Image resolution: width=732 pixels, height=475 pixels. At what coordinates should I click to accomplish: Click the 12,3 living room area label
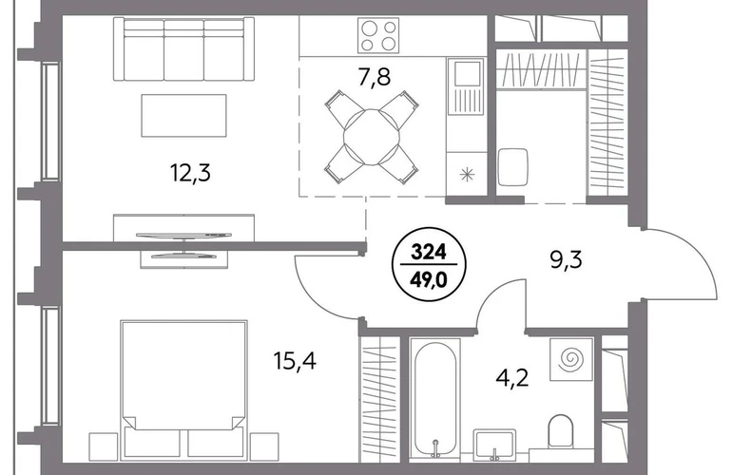tap(190, 174)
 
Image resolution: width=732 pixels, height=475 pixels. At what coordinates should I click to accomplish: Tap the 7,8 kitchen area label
tap(374, 78)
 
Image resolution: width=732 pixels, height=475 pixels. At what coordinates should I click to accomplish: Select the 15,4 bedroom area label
tap(295, 361)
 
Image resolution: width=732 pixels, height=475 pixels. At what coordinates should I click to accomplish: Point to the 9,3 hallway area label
tap(566, 260)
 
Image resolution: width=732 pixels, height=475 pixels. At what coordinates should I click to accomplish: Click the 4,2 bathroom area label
tap(512, 377)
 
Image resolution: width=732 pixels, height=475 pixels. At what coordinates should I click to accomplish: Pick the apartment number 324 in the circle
tap(429, 253)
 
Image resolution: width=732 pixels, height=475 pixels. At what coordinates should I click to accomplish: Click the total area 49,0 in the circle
tap(429, 279)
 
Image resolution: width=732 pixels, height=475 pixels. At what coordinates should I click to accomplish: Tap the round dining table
tap(372, 137)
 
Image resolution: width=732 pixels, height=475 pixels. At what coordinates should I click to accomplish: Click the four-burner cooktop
tap(378, 35)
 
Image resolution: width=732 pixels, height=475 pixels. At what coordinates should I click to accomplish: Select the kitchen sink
tap(466, 85)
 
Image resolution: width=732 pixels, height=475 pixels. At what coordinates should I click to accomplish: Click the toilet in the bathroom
tap(560, 429)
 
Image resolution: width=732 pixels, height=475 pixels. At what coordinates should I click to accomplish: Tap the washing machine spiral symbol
tap(571, 359)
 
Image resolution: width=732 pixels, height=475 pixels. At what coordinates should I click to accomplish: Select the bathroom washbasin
tap(494, 446)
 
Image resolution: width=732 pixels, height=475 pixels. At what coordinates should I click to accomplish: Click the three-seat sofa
tap(183, 49)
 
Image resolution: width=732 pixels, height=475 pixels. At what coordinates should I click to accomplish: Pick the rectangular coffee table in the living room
tap(183, 115)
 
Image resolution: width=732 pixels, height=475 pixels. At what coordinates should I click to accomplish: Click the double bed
tap(183, 390)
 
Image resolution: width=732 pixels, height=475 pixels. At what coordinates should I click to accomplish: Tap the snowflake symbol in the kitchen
tap(467, 175)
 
